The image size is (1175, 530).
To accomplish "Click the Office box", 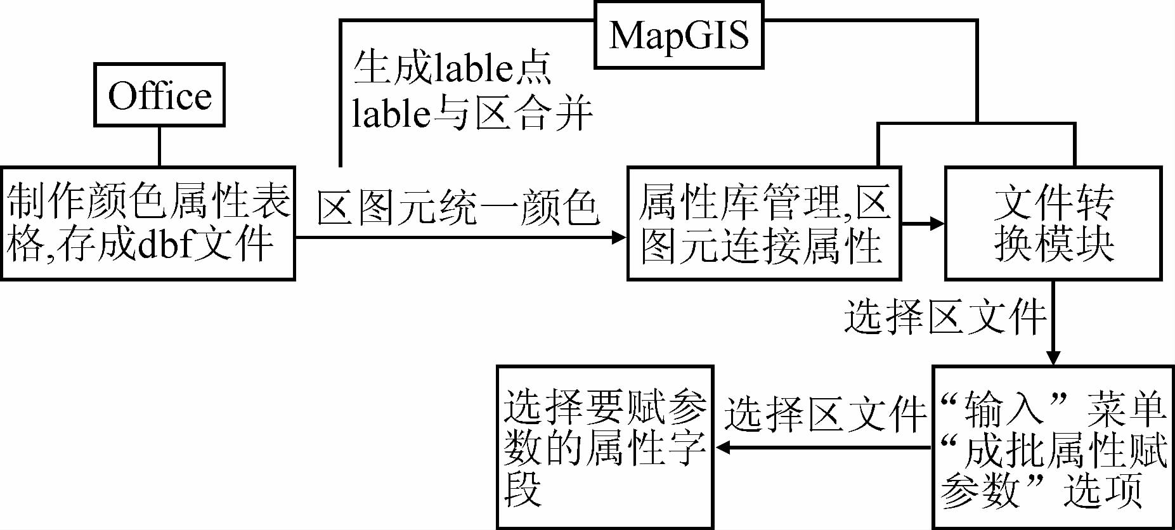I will pos(159,95).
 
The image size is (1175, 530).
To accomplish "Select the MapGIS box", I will pos(678,35).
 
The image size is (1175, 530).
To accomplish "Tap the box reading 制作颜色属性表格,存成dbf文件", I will pos(148,223).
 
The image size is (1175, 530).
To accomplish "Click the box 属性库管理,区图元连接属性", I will pos(763,223).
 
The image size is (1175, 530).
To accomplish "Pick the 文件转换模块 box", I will pos(1053,223).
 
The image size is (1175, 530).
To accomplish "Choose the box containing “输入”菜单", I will pos(1053,447).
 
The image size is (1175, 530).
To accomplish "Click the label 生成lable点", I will pos(452,68).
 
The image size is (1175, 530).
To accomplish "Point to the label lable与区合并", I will pos(472,114).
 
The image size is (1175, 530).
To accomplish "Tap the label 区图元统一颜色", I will pos(458,207).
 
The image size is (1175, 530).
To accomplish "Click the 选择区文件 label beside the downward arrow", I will pos(945,316).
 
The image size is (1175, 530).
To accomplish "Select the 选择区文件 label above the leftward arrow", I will pos(826,415).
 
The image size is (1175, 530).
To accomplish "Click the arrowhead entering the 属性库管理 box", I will pos(618,238).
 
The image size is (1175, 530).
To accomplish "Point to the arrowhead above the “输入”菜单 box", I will pos(1053,357).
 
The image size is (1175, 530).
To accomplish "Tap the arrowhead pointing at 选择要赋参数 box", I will pos(724,448).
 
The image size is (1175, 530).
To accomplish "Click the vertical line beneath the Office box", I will pos(159,146).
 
